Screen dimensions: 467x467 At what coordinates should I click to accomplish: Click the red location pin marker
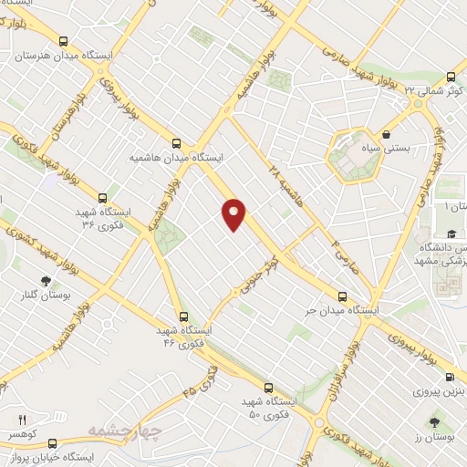tap(234, 213)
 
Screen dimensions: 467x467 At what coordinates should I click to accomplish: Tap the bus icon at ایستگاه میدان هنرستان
tap(63, 40)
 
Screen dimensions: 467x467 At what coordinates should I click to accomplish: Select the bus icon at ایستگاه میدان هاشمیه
tap(177, 142)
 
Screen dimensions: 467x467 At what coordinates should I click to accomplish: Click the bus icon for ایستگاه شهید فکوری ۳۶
tap(103, 196)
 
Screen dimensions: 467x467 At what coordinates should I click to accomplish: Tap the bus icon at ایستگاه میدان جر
tap(343, 296)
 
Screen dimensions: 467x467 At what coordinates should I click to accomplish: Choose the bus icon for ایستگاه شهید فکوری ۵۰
tap(267, 387)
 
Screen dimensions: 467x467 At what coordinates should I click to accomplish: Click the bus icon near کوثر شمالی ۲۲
tap(451, 78)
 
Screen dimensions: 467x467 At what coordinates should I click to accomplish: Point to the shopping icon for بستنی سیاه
tap(387, 132)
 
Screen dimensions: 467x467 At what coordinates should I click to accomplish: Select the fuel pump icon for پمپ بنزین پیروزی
tap(449, 377)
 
